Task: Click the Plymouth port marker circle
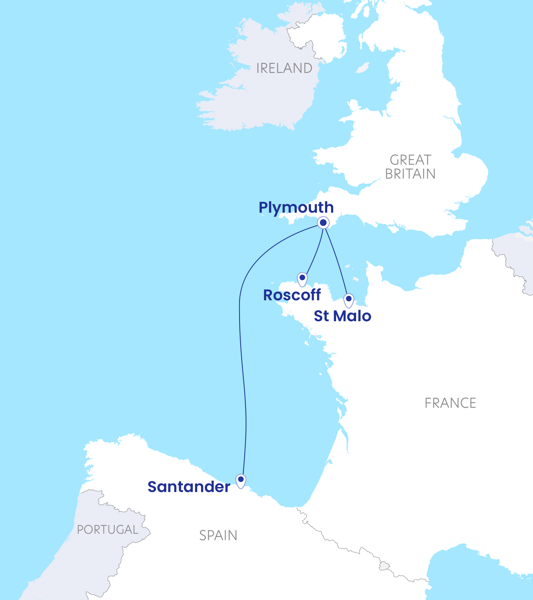tap(323, 222)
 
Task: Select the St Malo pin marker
tap(349, 299)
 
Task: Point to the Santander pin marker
tap(241, 480)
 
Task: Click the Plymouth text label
tap(296, 208)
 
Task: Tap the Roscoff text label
tap(292, 295)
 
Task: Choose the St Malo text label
tap(342, 316)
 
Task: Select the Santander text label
tap(189, 487)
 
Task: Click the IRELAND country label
tap(284, 68)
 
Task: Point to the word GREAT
tap(410, 160)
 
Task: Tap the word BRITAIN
tap(410, 174)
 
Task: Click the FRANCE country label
tap(450, 403)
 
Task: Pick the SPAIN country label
tap(218, 536)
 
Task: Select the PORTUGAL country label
tap(108, 530)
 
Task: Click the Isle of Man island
tap(363, 68)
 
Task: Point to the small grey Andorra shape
tap(384, 566)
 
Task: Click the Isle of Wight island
tap(393, 229)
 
